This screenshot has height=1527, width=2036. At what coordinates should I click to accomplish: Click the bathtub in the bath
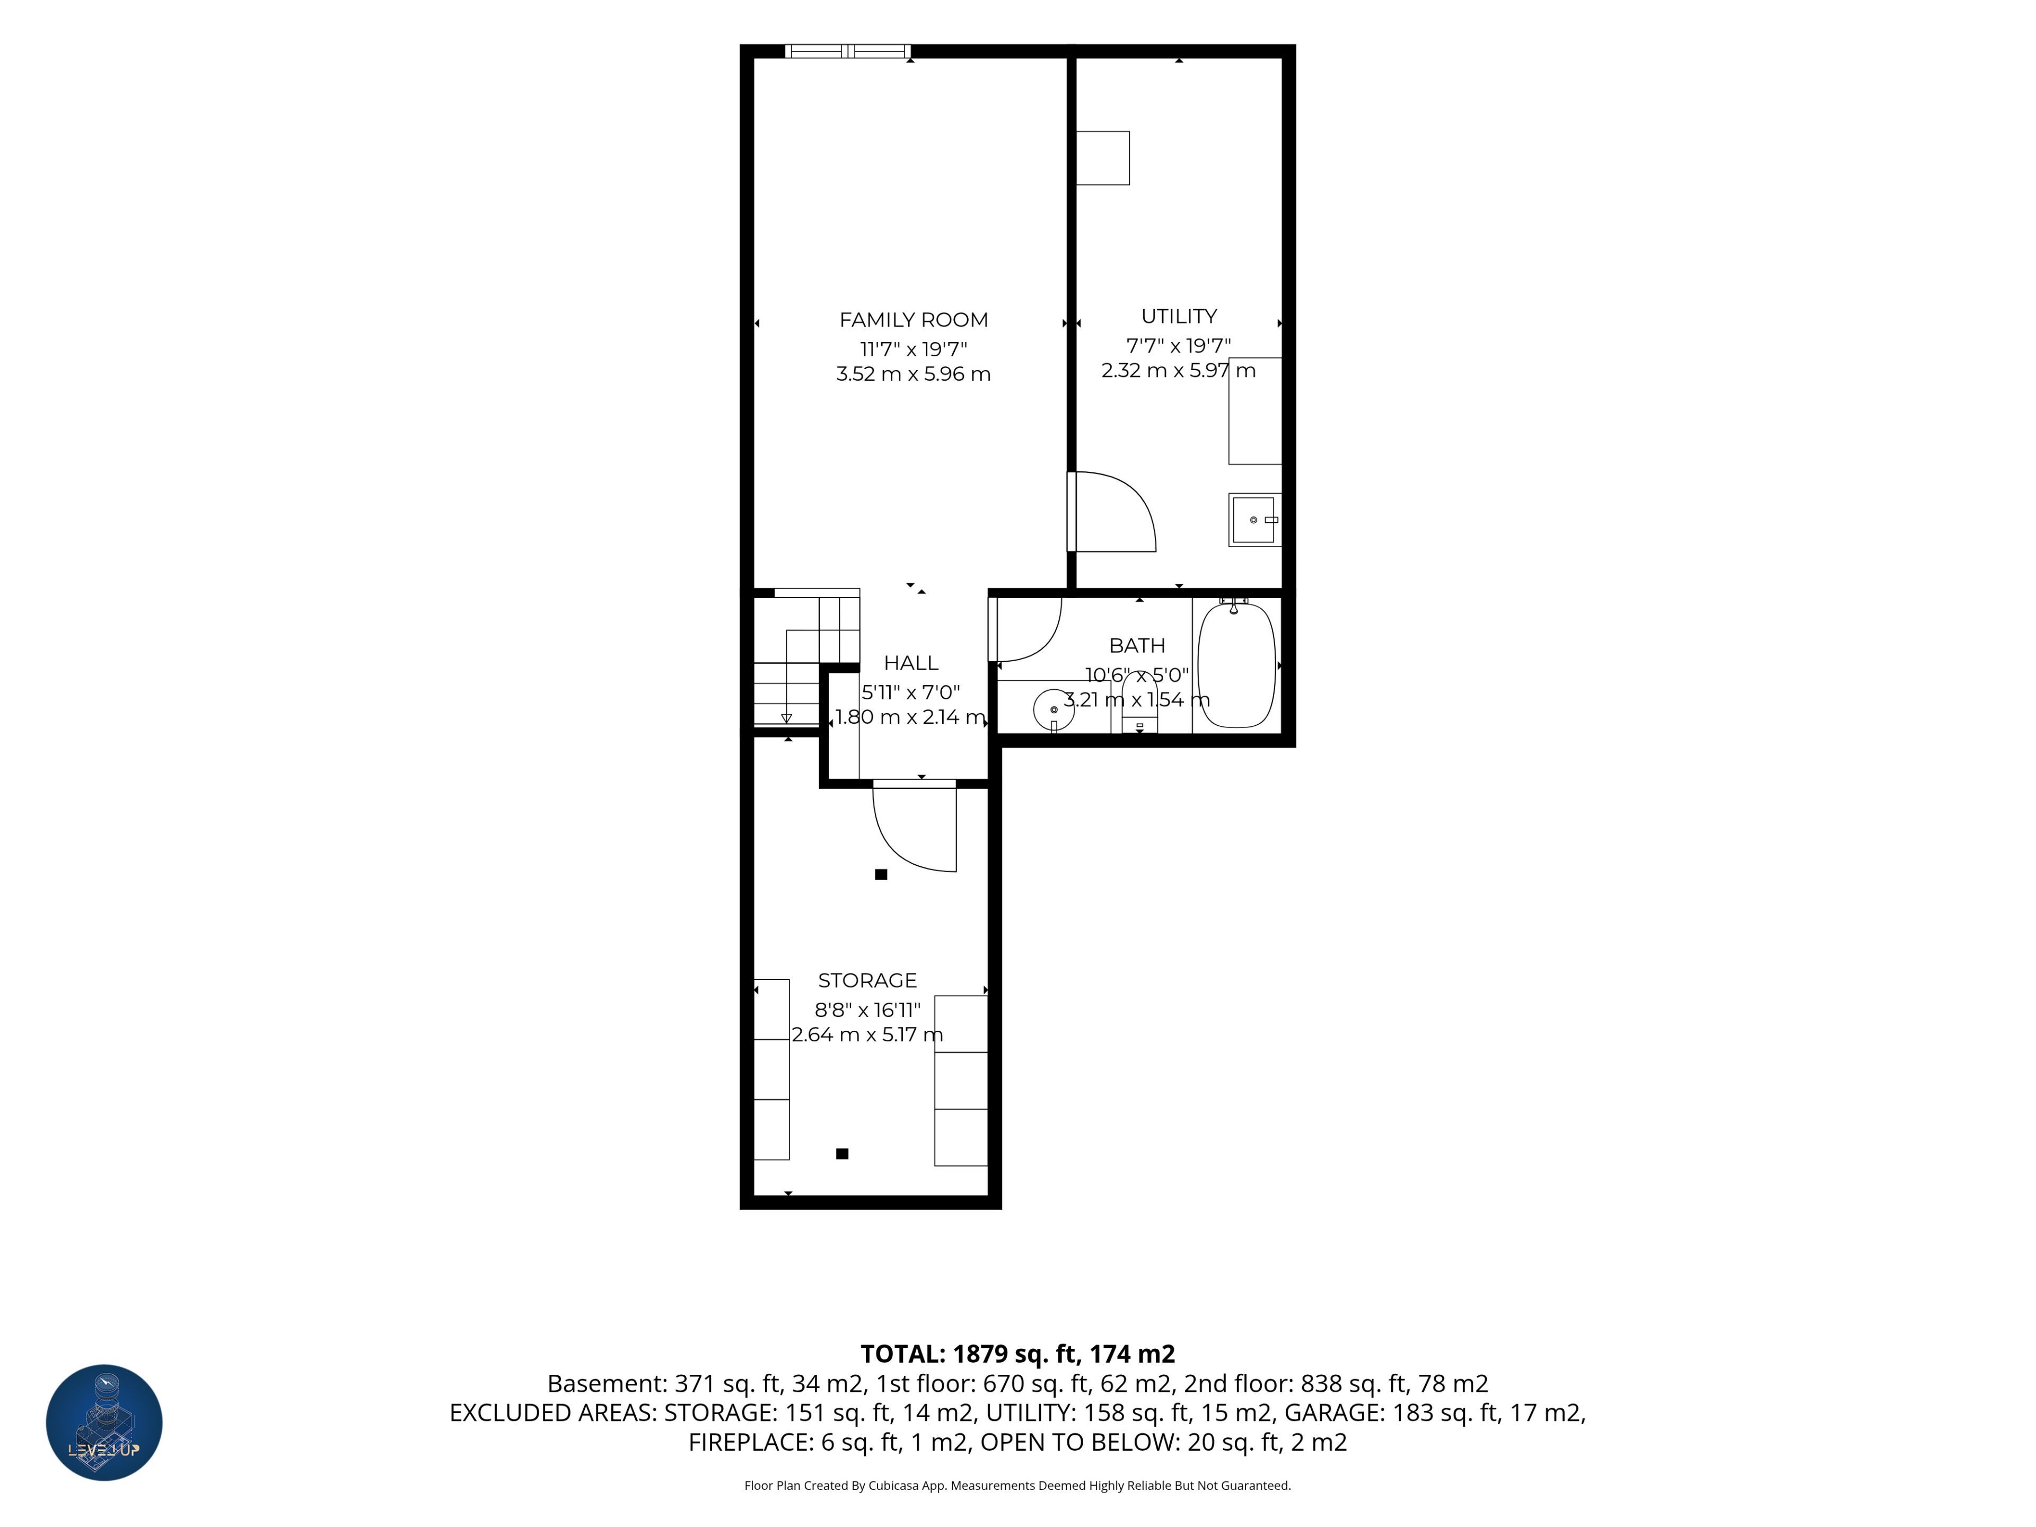(x=1236, y=664)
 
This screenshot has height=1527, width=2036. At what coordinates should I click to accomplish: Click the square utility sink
(x=1254, y=520)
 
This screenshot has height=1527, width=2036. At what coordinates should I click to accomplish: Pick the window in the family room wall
(x=848, y=51)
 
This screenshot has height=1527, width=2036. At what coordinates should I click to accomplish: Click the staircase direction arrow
(x=786, y=718)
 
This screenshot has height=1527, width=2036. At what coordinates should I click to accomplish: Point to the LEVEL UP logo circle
(x=104, y=1422)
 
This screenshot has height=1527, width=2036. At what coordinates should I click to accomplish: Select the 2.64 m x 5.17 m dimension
(x=867, y=1034)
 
